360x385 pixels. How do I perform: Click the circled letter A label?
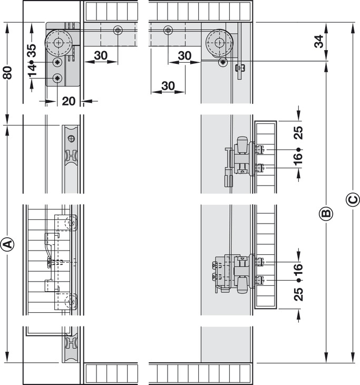point(8,244)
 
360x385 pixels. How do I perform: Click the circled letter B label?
point(326,213)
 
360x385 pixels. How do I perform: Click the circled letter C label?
point(353,200)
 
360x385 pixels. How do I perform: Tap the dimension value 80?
point(7,72)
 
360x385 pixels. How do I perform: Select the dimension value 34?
point(319,41)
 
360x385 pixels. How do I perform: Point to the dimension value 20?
point(69,101)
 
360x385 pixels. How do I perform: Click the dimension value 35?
point(32,51)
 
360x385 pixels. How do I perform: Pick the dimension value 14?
point(32,70)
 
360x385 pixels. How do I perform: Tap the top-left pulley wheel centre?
point(59,43)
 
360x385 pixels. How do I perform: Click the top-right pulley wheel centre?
point(219,43)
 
